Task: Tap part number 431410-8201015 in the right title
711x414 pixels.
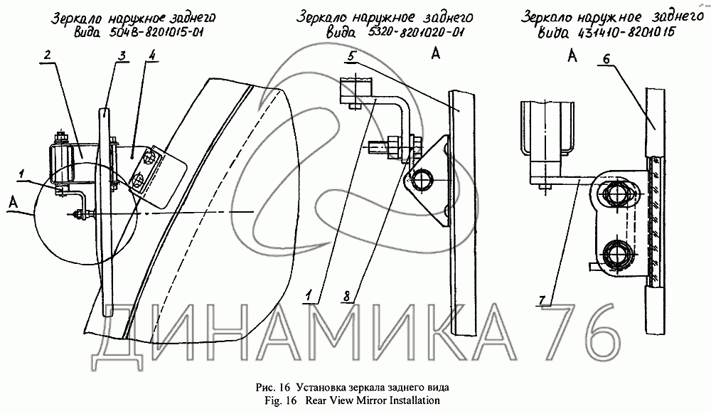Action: (624, 32)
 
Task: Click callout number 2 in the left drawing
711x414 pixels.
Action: (47, 55)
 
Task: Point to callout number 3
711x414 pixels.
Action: (122, 56)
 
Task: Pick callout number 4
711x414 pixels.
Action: (152, 55)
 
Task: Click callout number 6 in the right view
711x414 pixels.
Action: (606, 59)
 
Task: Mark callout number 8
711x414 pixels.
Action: (346, 297)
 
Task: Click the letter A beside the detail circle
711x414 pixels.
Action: (14, 203)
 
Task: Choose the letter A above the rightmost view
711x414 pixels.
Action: (572, 55)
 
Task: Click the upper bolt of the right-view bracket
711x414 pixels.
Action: (615, 193)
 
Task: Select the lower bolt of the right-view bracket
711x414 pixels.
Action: (615, 253)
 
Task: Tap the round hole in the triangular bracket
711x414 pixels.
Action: (420, 179)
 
